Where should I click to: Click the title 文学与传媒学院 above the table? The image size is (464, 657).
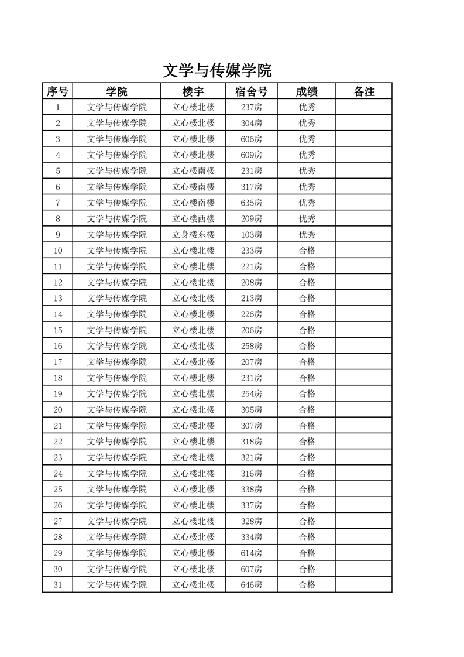click(217, 71)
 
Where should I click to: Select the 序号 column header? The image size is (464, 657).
click(57, 91)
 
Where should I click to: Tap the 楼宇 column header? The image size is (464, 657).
click(193, 91)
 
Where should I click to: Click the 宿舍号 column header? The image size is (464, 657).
click(251, 91)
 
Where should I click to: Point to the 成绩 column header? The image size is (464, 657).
click(307, 91)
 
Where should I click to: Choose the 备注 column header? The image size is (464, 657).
click(364, 91)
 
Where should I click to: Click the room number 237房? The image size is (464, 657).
click(251, 107)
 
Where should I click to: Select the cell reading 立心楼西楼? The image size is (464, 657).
click(193, 218)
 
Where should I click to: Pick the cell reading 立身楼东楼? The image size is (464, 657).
click(193, 234)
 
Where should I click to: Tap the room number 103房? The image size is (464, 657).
click(251, 234)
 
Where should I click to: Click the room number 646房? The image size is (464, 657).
click(251, 584)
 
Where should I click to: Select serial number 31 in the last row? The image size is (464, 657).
click(57, 584)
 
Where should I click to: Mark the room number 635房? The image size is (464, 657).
click(251, 203)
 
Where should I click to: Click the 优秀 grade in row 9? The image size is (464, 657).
click(307, 234)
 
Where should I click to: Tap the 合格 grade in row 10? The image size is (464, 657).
click(307, 251)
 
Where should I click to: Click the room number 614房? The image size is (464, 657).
click(251, 553)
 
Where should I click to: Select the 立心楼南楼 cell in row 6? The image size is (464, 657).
click(193, 187)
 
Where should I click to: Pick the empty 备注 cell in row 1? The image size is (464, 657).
click(364, 107)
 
